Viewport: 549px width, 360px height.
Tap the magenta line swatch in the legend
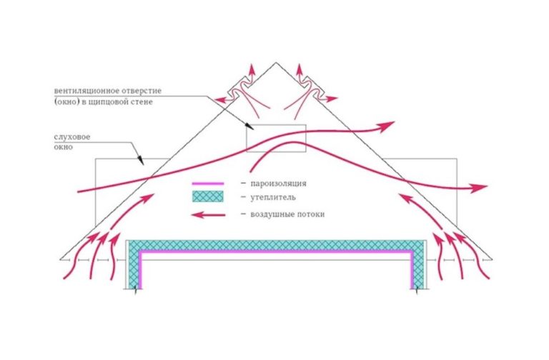pos(207,184)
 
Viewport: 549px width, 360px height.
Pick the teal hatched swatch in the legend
pos(207,196)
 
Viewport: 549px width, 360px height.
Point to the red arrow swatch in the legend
pos(207,214)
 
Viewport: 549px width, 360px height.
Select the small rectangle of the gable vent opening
pos(276,137)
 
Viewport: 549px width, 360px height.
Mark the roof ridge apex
pos(274,62)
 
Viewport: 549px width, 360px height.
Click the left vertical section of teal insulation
pos(133,264)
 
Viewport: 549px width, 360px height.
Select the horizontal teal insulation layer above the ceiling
pos(275,244)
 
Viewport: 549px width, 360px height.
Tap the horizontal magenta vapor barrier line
pos(275,252)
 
